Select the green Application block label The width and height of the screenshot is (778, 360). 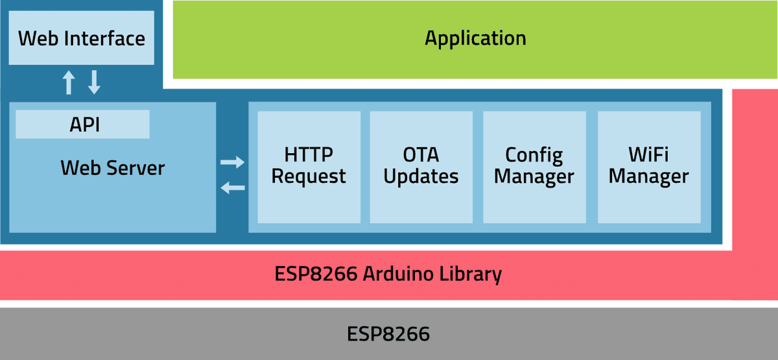click(475, 38)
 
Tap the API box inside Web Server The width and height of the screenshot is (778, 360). click(83, 125)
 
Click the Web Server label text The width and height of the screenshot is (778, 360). click(112, 168)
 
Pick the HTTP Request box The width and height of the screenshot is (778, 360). click(309, 166)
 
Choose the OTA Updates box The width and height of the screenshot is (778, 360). click(421, 166)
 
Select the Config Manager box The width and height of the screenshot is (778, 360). click(534, 166)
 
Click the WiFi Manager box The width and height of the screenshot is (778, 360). click(648, 166)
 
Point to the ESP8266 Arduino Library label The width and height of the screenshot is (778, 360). click(388, 274)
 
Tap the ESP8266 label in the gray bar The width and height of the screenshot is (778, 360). click(388, 334)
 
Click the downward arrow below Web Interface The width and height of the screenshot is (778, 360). click(95, 82)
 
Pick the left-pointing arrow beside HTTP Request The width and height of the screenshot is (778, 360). click(232, 188)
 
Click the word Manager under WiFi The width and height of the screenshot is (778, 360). click(648, 176)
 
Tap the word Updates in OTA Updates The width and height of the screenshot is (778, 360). click(421, 176)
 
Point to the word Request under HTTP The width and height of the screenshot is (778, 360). click(309, 176)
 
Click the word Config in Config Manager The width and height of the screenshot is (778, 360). click(534, 155)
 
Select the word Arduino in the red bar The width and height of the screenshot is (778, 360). click(401, 274)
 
